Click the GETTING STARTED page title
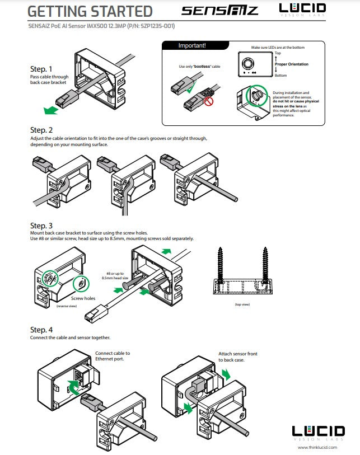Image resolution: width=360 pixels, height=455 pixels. click(x=90, y=11)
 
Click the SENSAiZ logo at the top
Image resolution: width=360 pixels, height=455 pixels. click(x=220, y=11)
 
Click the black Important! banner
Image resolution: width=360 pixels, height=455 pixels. click(x=192, y=45)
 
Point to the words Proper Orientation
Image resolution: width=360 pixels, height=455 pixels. click(x=292, y=64)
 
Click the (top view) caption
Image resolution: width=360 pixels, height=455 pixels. click(x=241, y=304)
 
